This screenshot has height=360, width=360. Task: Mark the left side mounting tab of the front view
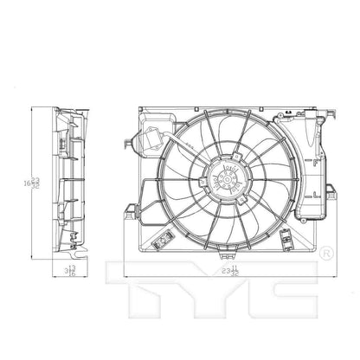pyautogui.click(x=129, y=210)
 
